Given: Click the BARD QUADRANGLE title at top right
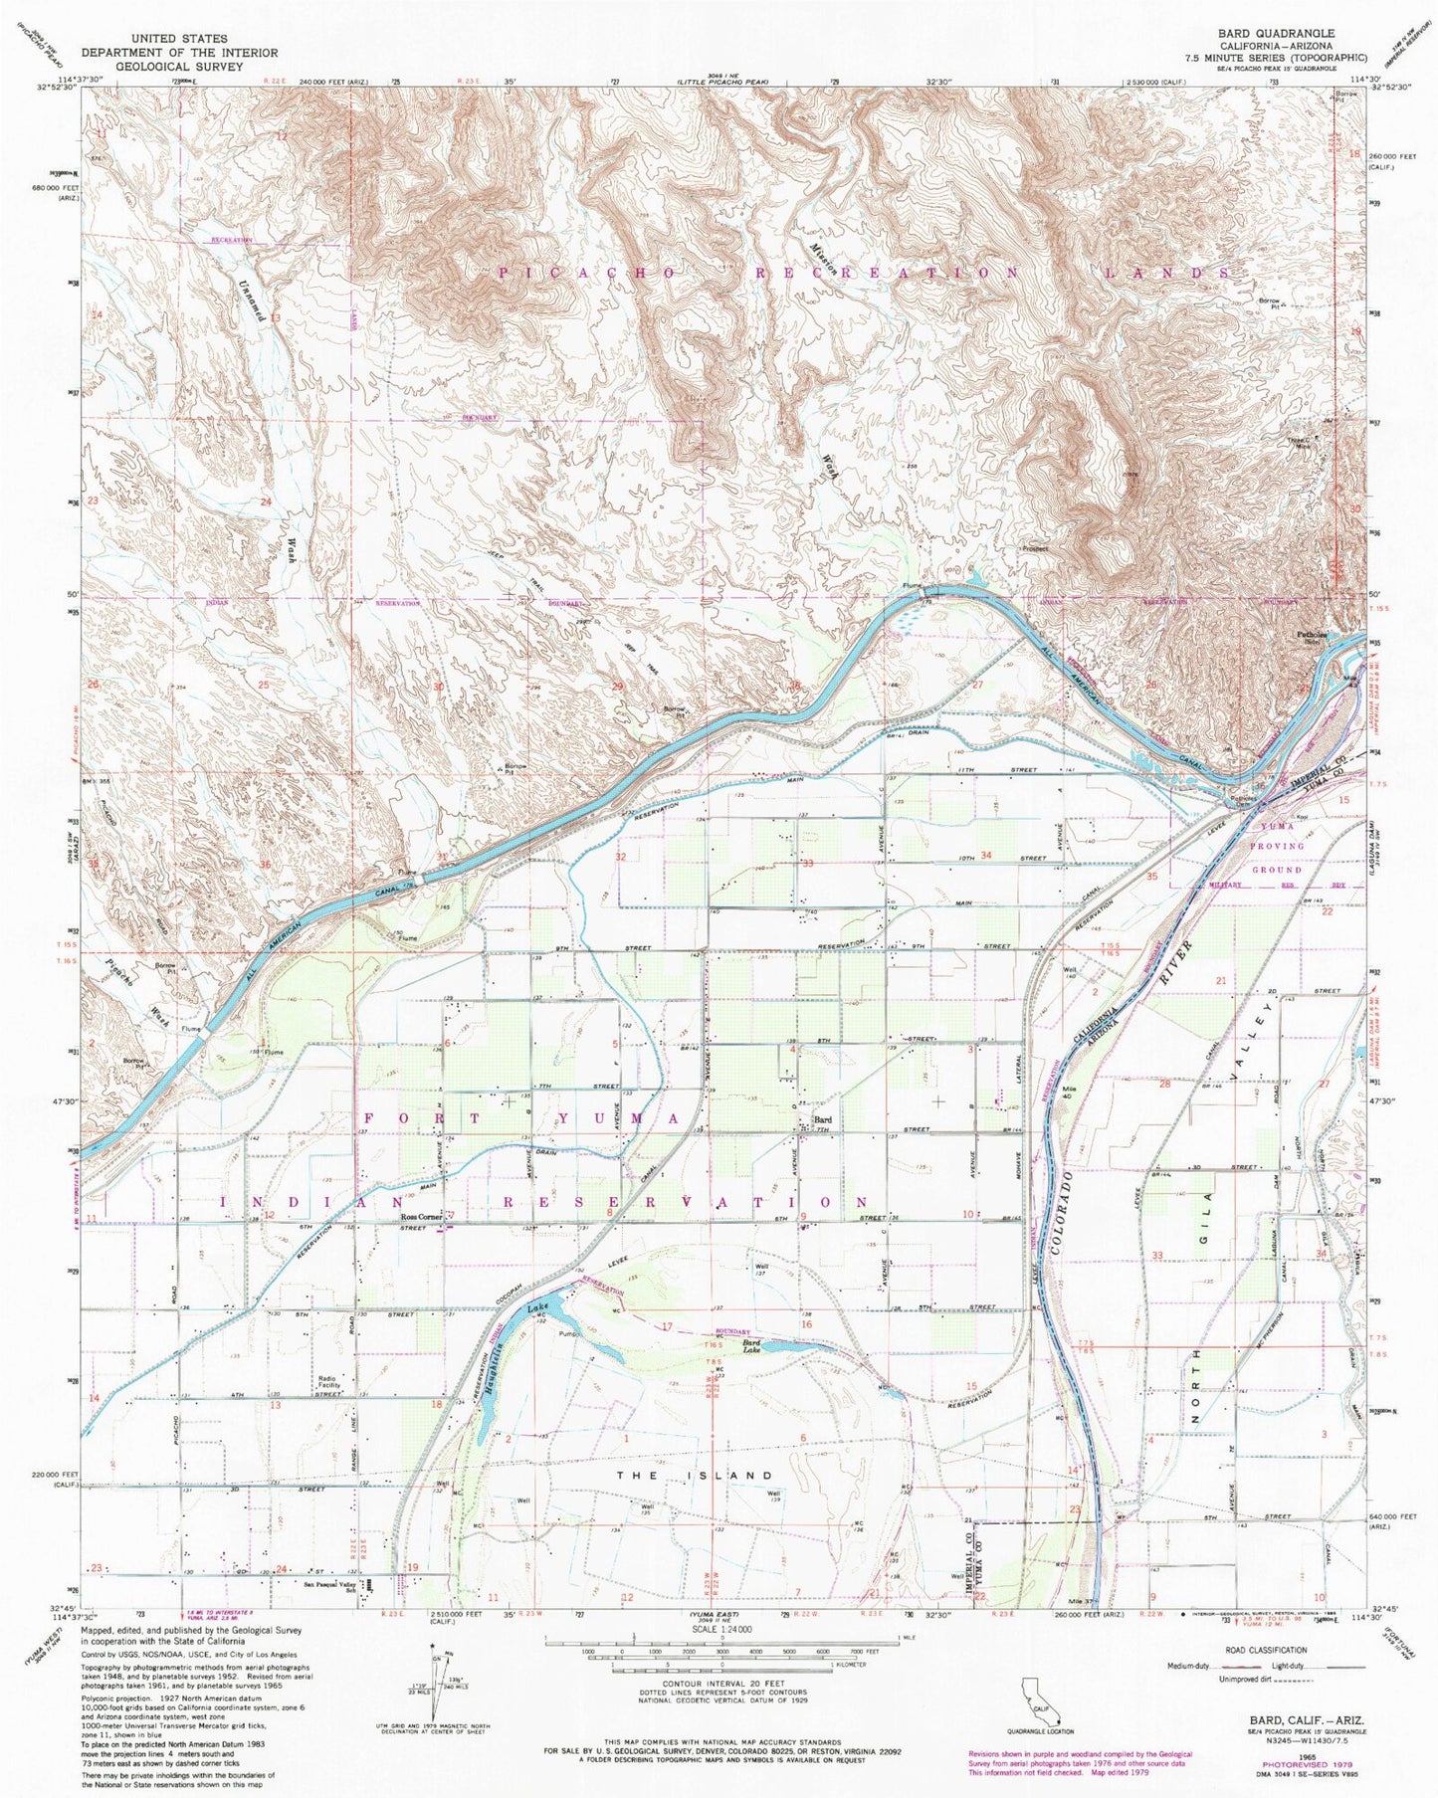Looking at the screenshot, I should pyautogui.click(x=1279, y=33).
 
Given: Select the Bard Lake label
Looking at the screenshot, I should pyautogui.click(x=756, y=1346).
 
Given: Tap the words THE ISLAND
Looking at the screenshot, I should pyautogui.click(x=719, y=1474).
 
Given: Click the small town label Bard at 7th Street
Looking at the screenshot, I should pyautogui.click(x=822, y=1120).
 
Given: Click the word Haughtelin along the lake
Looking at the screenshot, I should pyautogui.click(x=502, y=1359).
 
